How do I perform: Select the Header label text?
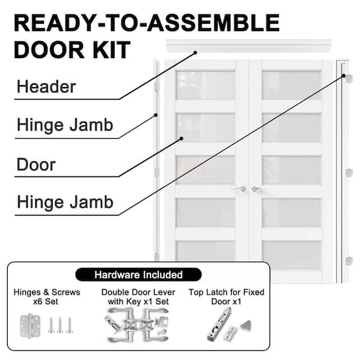pyautogui.click(x=46, y=87)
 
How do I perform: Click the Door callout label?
pyautogui.click(x=37, y=164)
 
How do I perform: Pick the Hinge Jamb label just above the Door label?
pyautogui.click(x=65, y=125)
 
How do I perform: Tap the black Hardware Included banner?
pyautogui.click(x=139, y=275)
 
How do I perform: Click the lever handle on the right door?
pyautogui.click(x=257, y=190)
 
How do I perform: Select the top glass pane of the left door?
pyautogui.click(x=205, y=85)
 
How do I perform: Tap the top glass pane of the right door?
pyautogui.click(x=291, y=85)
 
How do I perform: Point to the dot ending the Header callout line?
pyautogui.click(x=195, y=53)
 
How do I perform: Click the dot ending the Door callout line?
pyautogui.click(x=181, y=138)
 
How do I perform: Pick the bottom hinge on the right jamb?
pyautogui.click(x=348, y=260)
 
